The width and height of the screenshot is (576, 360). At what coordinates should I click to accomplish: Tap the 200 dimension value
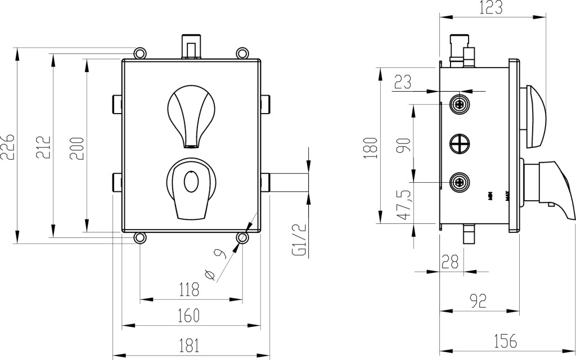coord(78,148)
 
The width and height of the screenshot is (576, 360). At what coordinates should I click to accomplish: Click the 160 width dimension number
coord(188,316)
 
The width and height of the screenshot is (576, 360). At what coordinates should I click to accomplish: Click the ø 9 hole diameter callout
coord(215,264)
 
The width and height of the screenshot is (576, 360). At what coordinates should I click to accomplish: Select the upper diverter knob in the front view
coord(191,112)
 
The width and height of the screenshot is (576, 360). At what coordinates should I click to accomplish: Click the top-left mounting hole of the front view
coord(139,53)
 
